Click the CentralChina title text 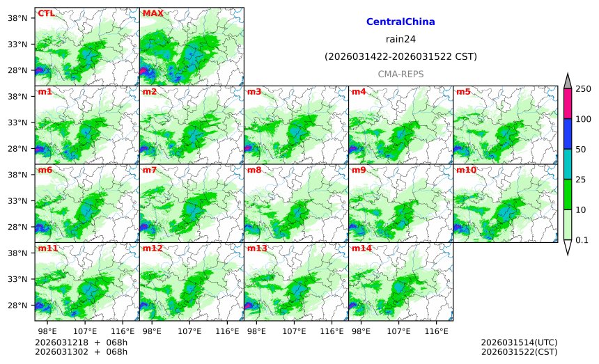[x=400, y=22]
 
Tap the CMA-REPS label [x=400, y=74]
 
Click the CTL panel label [x=46, y=13]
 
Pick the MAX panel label [x=153, y=13]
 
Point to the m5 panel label [x=463, y=92]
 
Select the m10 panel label [x=466, y=170]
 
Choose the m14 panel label [x=361, y=248]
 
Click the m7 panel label [x=150, y=170]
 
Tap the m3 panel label [x=254, y=92]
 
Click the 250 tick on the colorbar [x=583, y=88]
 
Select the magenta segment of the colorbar [x=567, y=103]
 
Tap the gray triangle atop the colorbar [x=567, y=81]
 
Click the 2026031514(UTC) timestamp [x=519, y=342]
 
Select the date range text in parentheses [x=400, y=56]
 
